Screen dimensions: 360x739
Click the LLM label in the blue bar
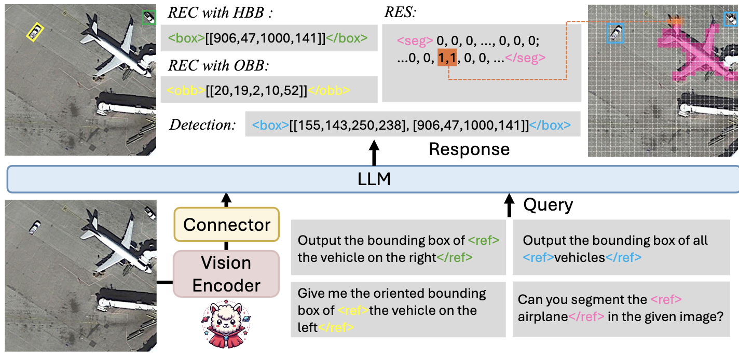374,179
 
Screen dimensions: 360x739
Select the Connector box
226,225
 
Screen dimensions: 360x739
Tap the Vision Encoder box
226,274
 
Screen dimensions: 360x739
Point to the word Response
469,149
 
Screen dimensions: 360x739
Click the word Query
548,205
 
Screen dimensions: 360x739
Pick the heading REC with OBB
218,65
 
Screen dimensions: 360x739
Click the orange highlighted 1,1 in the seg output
447,59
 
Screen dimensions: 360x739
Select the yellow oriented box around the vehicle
35,33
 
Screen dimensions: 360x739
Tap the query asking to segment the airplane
621,308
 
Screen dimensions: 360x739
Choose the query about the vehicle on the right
398,248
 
